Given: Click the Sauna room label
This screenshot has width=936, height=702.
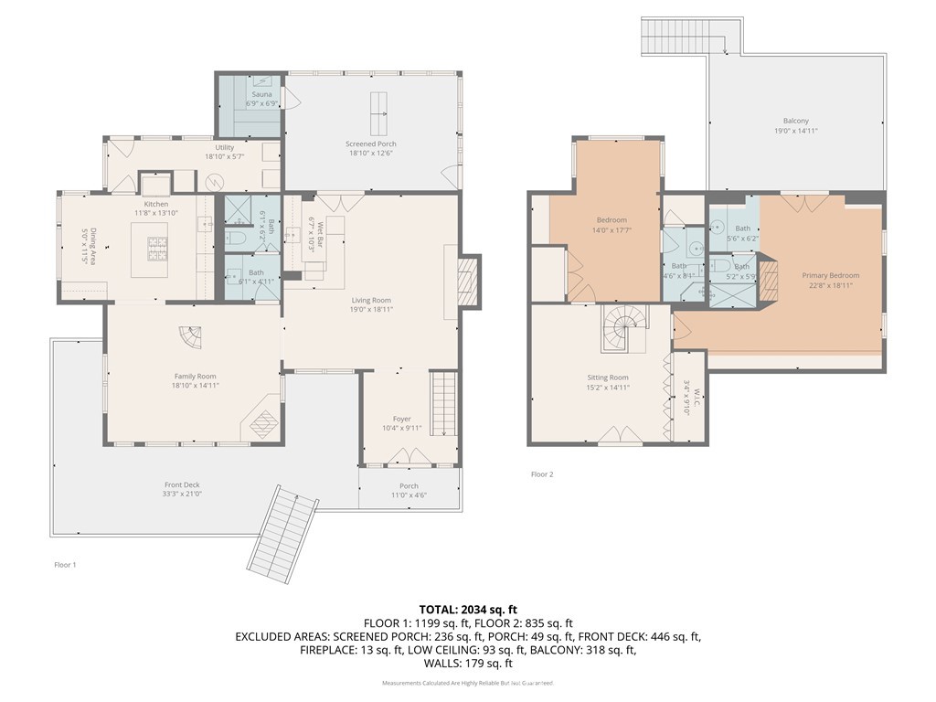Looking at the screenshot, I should point(250,94).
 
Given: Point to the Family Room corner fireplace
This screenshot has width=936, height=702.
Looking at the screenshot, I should point(262,423).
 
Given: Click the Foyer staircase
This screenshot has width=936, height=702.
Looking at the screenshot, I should point(442,403).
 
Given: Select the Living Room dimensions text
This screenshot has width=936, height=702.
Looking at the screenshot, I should point(371,310).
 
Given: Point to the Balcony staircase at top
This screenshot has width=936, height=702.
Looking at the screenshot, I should point(676,37).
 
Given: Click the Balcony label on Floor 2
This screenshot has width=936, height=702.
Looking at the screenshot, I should point(795,121).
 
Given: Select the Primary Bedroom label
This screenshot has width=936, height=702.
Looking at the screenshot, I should point(830,275).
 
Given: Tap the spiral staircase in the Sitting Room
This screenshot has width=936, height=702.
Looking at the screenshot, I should point(623,328).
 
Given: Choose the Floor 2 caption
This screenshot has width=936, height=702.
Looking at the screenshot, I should point(541,474).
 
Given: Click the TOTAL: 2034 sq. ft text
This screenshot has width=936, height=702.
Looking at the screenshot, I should point(468,609).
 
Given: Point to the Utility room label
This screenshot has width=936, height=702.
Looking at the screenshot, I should point(224,147).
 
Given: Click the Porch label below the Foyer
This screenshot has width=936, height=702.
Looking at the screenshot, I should point(409,485).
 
